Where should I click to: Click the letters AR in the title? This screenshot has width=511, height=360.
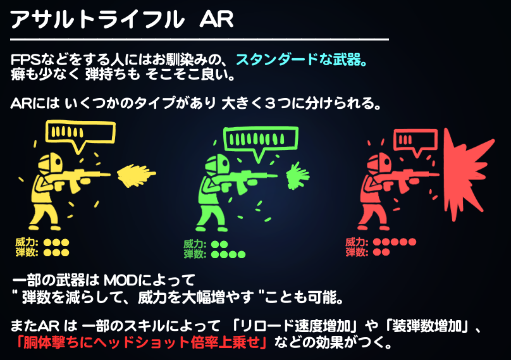(216, 19)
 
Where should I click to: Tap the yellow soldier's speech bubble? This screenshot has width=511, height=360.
(80, 133)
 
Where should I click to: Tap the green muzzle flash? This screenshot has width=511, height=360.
(295, 175)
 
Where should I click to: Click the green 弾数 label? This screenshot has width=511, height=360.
(194, 255)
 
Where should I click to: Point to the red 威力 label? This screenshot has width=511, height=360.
(356, 242)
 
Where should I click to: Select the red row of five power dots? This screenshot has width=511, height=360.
(395, 242)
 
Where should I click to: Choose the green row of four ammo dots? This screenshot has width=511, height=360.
(228, 255)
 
